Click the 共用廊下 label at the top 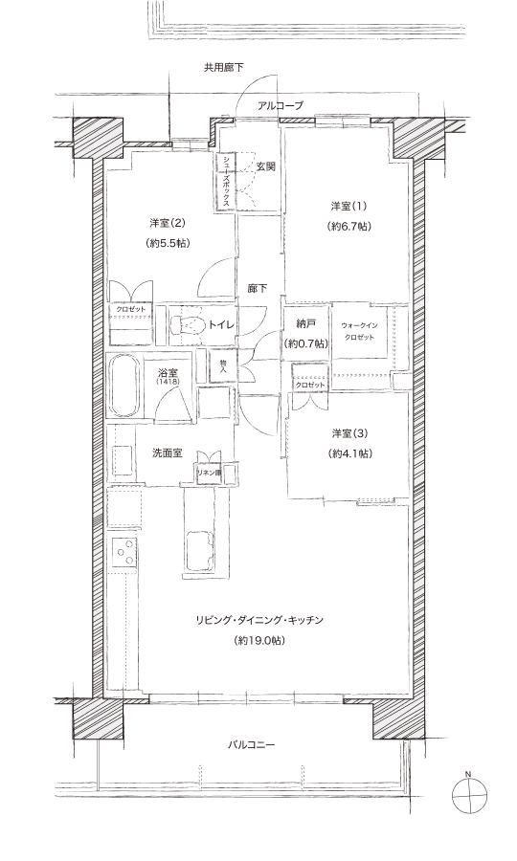[223, 68]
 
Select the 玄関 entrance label [265, 166]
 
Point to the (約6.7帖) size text [348, 227]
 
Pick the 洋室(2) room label [168, 223]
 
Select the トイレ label [222, 326]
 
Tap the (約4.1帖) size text [348, 453]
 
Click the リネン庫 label [209, 473]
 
